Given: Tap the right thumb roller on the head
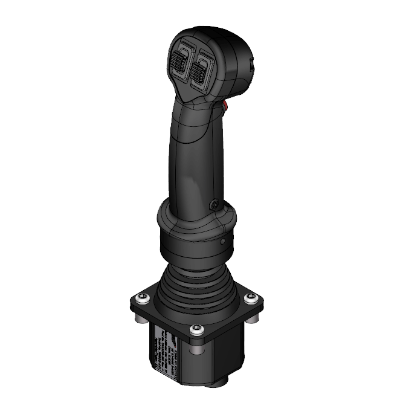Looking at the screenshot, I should [x=199, y=71].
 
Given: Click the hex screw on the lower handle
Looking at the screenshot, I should [x=213, y=205].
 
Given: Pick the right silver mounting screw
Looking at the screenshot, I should [x=250, y=298].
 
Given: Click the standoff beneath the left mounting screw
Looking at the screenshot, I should [x=141, y=314].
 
